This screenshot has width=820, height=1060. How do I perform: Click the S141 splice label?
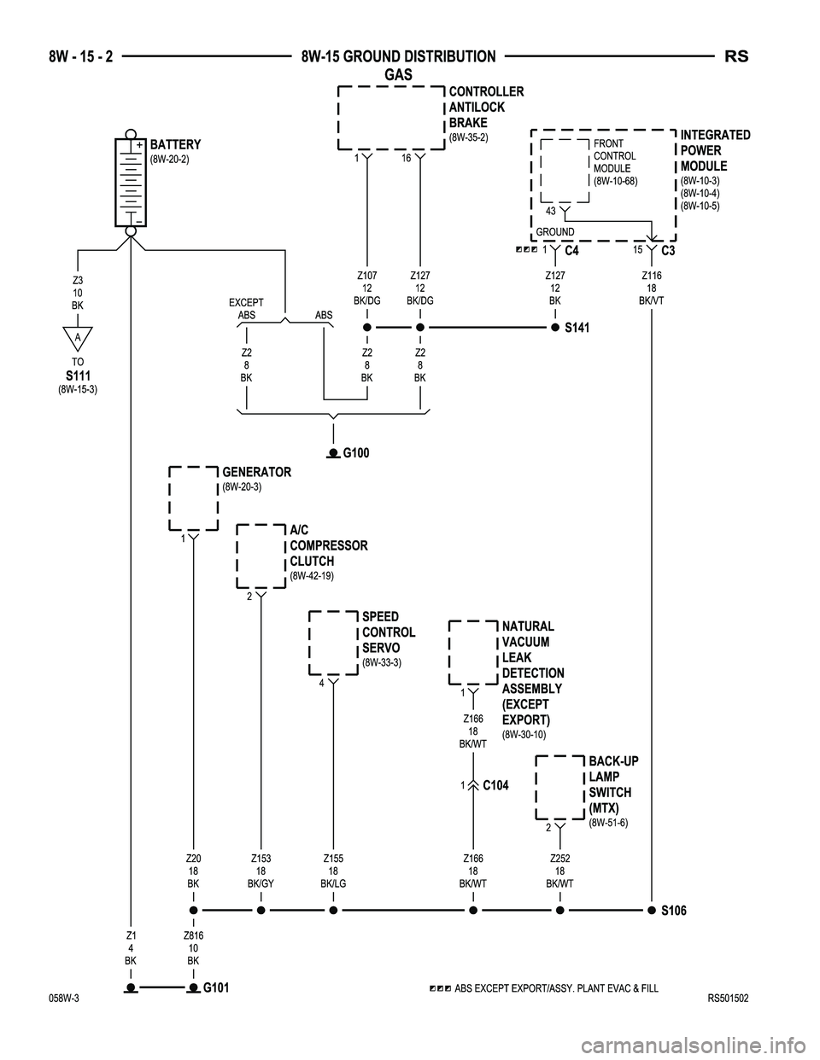tap(577, 328)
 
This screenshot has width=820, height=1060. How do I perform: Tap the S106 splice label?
tap(674, 911)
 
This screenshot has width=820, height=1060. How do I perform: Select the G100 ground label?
tap(356, 453)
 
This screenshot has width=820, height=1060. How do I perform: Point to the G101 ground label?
tap(216, 987)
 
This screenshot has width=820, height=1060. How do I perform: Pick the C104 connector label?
tap(495, 785)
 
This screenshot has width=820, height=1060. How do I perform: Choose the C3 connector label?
tap(668, 251)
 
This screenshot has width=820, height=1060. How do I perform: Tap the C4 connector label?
tap(571, 251)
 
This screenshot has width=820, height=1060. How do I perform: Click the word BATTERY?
tap(175, 145)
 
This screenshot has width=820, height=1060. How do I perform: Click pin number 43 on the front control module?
tap(551, 211)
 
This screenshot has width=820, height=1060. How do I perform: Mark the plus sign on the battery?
tap(139, 145)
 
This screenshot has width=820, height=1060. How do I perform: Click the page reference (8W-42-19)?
tap(312, 575)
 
